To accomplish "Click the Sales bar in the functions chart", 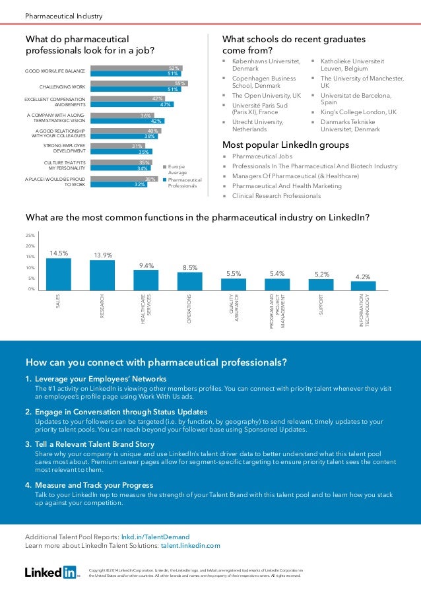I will [58, 273].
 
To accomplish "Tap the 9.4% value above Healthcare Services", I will [146, 265].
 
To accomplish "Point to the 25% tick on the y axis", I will [30, 235].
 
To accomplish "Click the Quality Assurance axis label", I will [233, 308].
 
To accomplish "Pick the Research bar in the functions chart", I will [102, 275].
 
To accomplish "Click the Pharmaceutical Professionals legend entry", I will [183, 183].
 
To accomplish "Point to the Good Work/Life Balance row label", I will [55, 71].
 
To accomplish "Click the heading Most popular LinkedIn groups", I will [286, 145].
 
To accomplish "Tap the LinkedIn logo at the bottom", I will [51, 572].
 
